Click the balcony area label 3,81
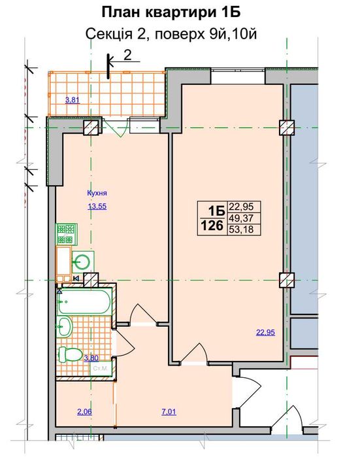73,101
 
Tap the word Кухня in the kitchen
97,193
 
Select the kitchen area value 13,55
97,207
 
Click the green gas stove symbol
67,234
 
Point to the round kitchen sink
82,261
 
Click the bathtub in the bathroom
84,301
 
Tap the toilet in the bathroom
69,354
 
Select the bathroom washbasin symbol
65,327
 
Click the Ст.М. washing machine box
101,369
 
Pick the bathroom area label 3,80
91,358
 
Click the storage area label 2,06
84,412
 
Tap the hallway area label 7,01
169,412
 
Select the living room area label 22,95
265,332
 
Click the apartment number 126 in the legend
212,226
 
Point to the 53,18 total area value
241,229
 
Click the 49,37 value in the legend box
241,218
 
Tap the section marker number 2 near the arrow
127,55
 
